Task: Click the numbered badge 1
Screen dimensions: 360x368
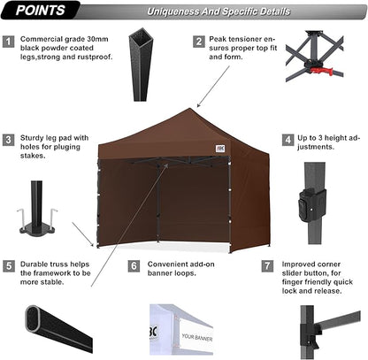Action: (x=9, y=41)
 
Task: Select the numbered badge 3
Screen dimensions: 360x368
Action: (x=9, y=139)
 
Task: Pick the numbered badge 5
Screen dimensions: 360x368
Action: (x=9, y=264)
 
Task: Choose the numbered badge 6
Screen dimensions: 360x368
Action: (x=134, y=264)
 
